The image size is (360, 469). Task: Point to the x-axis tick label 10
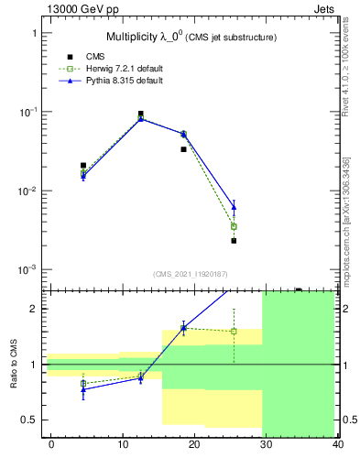123,444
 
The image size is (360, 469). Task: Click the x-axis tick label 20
194,444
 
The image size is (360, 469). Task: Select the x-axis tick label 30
266,444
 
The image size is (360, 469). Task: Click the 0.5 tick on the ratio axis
32,420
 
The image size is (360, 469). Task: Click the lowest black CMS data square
234,241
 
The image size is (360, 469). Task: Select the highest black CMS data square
140,115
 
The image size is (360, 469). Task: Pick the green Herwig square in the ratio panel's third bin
183,328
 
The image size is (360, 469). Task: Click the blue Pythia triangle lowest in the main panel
234,208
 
